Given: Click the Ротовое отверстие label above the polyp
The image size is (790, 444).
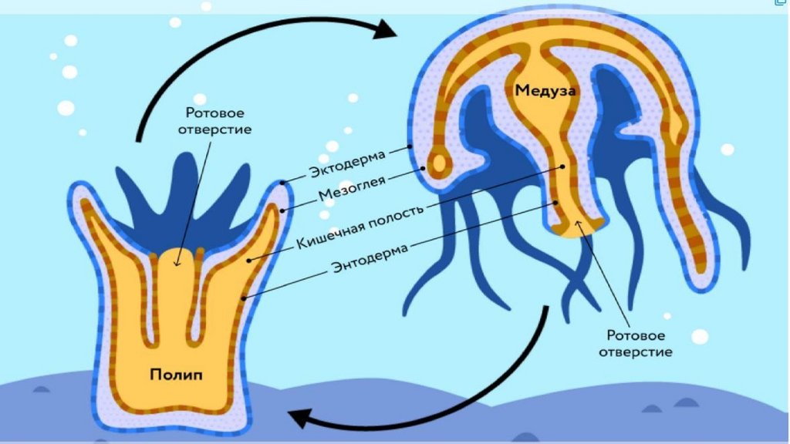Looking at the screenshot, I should click(214, 119).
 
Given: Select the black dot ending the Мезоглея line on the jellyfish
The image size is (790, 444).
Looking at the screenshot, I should click(423, 165).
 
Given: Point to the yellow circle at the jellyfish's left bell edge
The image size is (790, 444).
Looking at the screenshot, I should click(441, 163).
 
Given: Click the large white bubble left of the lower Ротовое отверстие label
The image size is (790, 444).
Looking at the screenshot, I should click(700, 336).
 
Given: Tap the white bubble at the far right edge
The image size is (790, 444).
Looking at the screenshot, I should click(728, 149).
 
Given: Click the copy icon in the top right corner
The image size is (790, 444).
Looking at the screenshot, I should click(781, 3).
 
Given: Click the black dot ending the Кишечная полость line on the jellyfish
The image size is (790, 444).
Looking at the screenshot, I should click(565, 166).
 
